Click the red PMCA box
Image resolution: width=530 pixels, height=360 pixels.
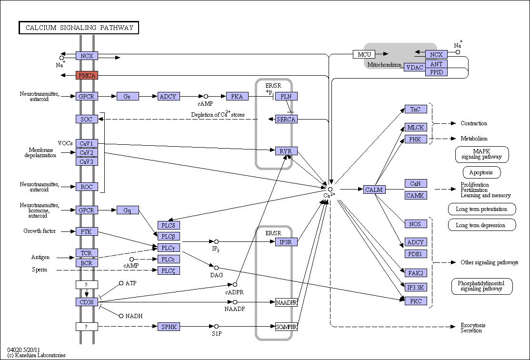pos(87,75)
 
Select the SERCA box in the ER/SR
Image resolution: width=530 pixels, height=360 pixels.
pos(286,119)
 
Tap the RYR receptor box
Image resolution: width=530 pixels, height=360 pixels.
pos(286,151)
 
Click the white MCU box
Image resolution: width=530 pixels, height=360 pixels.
pos(364,54)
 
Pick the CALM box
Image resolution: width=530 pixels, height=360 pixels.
pos(374,190)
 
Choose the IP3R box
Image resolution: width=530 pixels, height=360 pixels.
pos(286,242)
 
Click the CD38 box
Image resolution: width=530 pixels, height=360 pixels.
pos(87,302)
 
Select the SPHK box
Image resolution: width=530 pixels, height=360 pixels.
pos(169,327)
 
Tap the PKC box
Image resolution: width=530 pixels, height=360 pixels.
pos(416,301)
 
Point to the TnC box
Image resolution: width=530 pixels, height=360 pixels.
pos(416,109)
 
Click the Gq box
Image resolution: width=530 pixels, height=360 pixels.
pos(128,210)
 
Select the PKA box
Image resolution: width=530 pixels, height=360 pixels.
pos(237,96)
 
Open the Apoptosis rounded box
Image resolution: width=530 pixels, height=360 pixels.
pos(481,172)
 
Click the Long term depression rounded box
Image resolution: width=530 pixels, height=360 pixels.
pos(481,225)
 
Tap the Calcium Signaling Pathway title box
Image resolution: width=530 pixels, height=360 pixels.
pos(79,28)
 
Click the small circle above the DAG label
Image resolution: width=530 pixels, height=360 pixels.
pos(216,268)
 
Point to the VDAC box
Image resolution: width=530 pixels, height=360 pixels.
pos(415,67)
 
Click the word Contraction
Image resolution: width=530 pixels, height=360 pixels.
pos(474,123)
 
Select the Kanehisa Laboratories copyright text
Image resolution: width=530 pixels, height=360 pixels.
pos(37,355)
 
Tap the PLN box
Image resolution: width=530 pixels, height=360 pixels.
pos(286,96)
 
